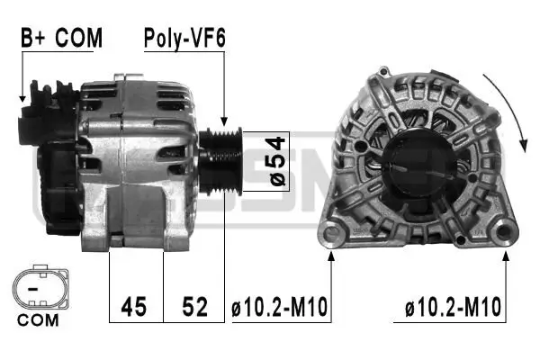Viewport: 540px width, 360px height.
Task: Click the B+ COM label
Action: [x=61, y=38]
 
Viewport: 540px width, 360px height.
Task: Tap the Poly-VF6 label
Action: [x=185, y=38]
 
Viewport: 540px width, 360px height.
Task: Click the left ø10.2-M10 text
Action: [x=280, y=308]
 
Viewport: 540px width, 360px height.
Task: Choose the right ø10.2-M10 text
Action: [x=453, y=308]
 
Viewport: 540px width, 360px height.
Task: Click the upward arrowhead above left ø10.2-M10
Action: [x=332, y=256]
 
